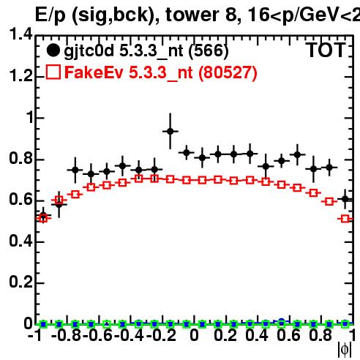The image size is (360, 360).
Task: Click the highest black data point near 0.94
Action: (170, 132)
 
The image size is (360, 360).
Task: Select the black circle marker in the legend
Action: (53, 50)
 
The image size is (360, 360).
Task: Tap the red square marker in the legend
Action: (53, 72)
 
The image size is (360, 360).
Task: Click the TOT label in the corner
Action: (326, 50)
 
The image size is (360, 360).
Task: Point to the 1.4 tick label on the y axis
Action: (20, 34)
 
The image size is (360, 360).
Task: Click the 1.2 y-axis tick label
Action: (20, 76)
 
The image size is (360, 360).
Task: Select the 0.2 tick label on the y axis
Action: (20, 282)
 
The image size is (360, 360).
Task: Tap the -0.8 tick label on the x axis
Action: (67, 335)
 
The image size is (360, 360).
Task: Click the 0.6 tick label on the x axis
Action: (289, 335)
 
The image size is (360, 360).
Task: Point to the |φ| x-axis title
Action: (345, 350)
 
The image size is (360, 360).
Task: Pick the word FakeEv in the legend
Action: (94, 72)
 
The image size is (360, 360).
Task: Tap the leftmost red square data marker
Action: (43, 218)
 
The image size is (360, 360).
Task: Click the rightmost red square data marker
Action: (345, 219)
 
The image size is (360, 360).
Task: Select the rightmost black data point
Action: (345, 199)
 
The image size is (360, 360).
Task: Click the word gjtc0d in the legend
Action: (89, 51)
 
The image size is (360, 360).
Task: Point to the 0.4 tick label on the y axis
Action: (20, 241)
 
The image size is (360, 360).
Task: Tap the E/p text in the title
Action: (50, 15)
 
